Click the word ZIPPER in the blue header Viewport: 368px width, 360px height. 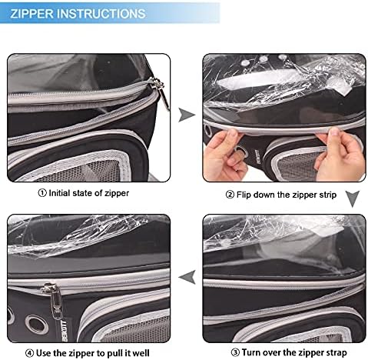(32, 14)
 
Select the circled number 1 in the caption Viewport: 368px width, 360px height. (42, 193)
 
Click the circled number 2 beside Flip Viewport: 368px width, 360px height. (230, 195)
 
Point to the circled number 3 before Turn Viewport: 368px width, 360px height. (235, 352)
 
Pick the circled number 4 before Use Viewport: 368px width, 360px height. (29, 353)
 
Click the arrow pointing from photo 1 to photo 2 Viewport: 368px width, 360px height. (187, 115)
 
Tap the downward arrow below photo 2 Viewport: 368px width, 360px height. (353, 198)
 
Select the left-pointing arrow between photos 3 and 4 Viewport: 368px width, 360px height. (187, 277)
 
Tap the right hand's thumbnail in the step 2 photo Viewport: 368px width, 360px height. (334, 132)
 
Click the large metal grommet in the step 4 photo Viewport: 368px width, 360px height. (37, 324)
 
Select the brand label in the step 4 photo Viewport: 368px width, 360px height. (64, 331)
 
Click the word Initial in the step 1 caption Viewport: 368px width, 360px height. (59, 193)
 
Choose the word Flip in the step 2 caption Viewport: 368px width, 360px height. (244, 195)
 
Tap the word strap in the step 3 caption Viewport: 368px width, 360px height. (334, 352)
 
